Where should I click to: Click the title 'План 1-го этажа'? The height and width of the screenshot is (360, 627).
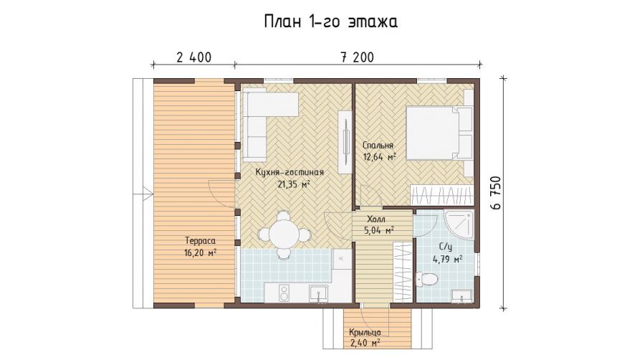(x=330, y=22)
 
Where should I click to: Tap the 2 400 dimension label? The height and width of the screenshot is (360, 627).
(x=194, y=57)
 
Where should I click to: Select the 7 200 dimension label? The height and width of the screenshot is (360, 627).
(x=357, y=57)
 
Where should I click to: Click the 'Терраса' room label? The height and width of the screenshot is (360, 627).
(x=201, y=241)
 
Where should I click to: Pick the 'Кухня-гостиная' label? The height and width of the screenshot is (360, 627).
(x=290, y=172)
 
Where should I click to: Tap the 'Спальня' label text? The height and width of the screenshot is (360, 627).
(x=378, y=145)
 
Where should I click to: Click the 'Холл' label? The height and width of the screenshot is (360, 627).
(x=376, y=219)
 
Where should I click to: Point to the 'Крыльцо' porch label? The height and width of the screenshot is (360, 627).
(x=365, y=333)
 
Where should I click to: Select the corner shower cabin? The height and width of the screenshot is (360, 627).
(x=460, y=225)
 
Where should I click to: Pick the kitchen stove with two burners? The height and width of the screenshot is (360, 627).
(x=284, y=293)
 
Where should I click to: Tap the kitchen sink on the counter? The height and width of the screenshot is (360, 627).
(x=318, y=293)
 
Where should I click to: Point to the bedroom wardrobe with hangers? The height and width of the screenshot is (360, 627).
(x=442, y=196)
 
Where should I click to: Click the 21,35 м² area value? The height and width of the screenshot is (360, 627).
(x=294, y=184)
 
